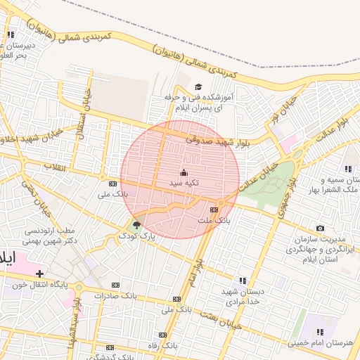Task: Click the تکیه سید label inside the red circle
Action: coord(184,182)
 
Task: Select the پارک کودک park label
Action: coord(137,237)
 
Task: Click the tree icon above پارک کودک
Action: coord(136,226)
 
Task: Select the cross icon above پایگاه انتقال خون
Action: coord(39,273)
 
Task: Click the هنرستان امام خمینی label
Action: coord(320,342)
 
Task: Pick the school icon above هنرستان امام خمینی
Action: coord(320,331)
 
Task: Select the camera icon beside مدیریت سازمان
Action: coord(321,228)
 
